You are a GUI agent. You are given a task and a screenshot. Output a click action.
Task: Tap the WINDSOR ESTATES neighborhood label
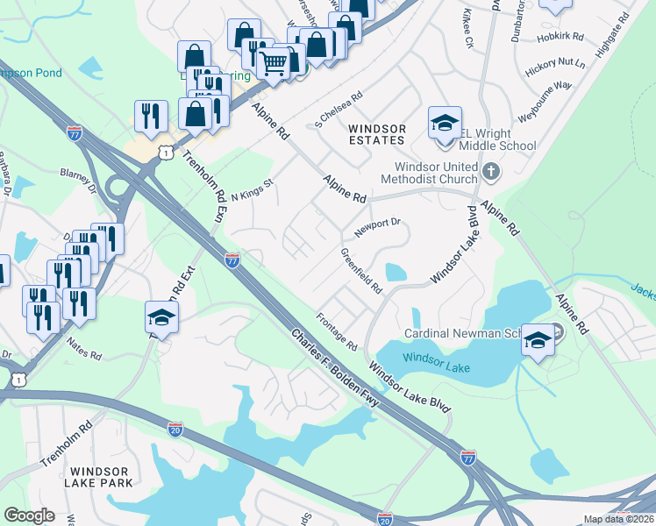[377, 134]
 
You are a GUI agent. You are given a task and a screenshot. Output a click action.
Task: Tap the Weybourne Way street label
[545, 94]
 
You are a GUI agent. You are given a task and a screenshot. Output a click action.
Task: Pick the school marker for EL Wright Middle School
[445, 123]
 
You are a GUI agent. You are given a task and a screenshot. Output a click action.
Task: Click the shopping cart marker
[274, 63]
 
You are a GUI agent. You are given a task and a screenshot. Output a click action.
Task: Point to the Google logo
[29, 515]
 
